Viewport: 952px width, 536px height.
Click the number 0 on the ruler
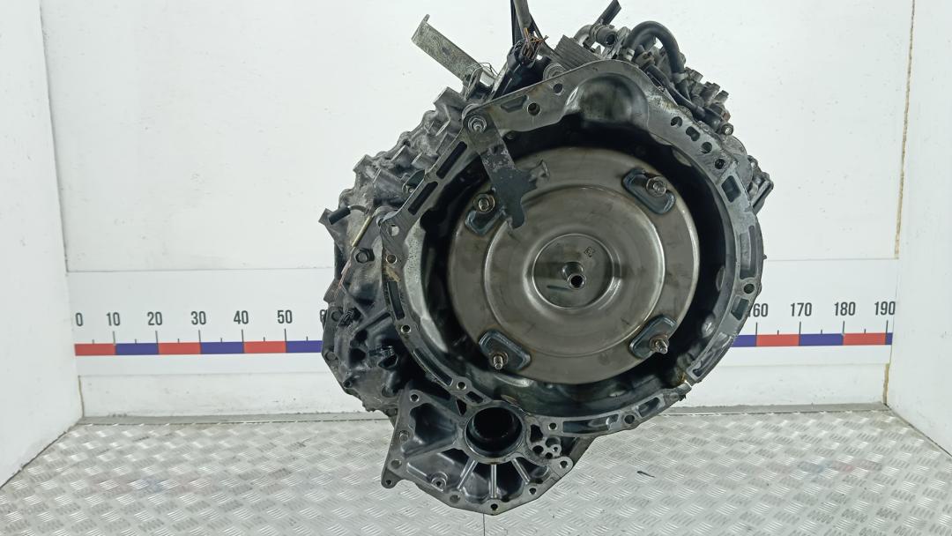click(x=79, y=319)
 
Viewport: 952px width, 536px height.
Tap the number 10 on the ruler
click(x=113, y=319)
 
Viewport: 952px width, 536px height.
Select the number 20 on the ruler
click(x=155, y=318)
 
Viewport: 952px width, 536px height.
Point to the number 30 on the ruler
click(x=198, y=318)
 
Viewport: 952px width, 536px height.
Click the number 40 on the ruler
click(x=241, y=317)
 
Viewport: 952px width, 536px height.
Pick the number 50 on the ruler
click(x=285, y=316)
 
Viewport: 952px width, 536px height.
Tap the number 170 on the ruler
click(x=800, y=310)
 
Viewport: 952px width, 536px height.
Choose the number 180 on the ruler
click(x=844, y=309)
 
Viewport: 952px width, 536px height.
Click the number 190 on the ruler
click(x=885, y=309)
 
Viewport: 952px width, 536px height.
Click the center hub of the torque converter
click(x=573, y=276)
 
